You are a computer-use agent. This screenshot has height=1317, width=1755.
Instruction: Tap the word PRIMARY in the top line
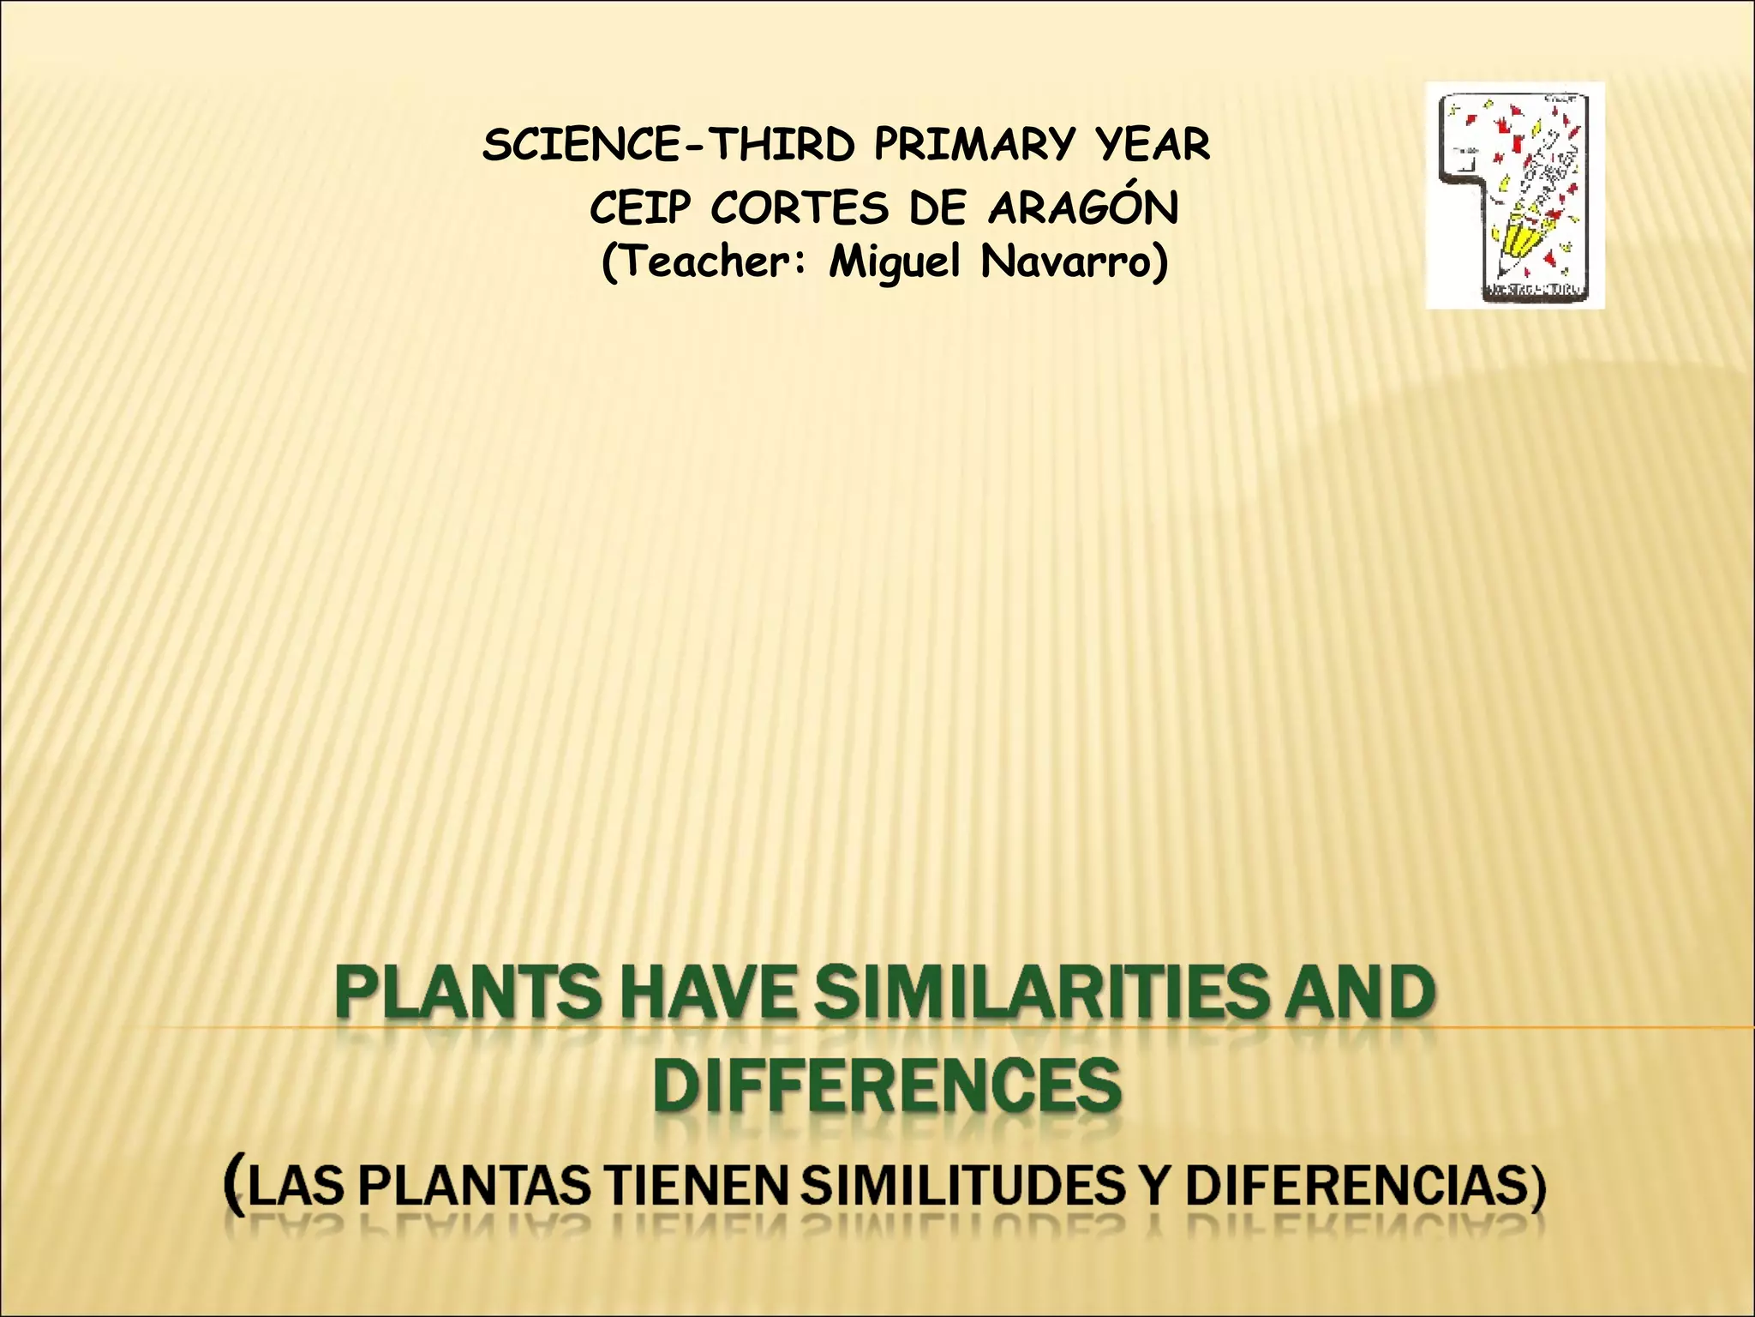[973, 145]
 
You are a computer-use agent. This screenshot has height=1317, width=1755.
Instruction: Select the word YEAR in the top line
[1152, 145]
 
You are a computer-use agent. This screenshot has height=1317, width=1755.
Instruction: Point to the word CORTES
[799, 208]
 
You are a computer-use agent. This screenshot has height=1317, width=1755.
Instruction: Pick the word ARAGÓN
[1083, 207]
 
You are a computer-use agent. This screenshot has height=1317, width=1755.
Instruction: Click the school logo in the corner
[1514, 195]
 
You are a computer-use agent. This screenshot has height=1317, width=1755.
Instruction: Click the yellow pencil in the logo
[1515, 241]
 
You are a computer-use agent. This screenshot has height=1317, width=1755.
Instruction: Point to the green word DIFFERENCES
[887, 1085]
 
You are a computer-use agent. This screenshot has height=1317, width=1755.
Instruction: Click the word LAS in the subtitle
[295, 1187]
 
